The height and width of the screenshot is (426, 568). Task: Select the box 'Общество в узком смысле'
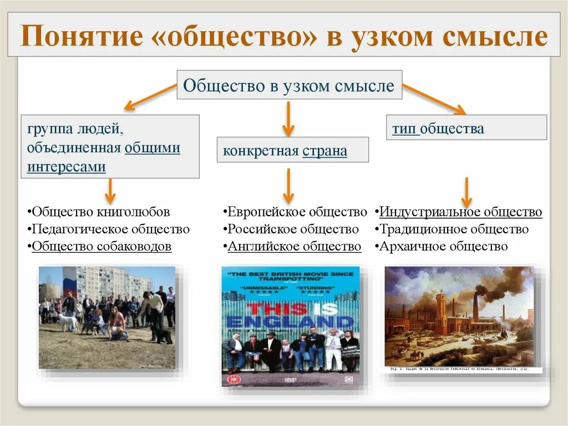pos(289,86)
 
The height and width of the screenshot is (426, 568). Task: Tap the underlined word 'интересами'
pos(66,167)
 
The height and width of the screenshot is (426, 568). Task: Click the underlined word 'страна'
pos(325,151)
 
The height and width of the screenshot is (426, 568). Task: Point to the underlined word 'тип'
pos(404,129)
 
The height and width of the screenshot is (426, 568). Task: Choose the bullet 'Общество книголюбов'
pos(99,212)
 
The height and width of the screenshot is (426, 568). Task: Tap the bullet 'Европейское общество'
pos(295,212)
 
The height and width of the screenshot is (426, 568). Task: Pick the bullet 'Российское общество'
pos(292,229)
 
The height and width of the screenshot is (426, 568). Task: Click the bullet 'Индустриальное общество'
pos(459,212)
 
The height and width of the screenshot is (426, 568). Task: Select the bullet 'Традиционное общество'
pos(453,229)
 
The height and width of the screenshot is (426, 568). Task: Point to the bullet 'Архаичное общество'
pos(442,246)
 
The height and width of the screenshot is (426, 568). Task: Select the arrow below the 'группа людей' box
pos(110,191)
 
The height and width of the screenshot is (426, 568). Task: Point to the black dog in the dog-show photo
pos(162,335)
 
